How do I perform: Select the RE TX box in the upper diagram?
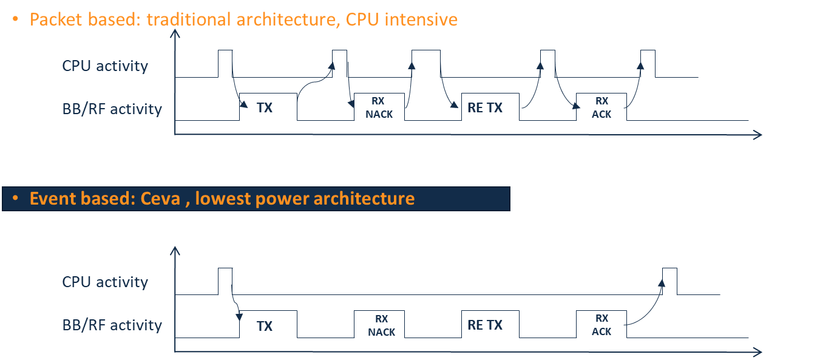(x=490, y=107)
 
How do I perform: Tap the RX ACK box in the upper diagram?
(x=601, y=107)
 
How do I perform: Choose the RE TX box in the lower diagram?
(x=490, y=325)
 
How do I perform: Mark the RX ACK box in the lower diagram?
(x=601, y=325)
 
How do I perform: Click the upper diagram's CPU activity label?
(x=105, y=66)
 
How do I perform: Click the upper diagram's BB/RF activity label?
(x=112, y=109)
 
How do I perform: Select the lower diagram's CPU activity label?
(x=105, y=282)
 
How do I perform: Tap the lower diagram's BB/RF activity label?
(x=112, y=325)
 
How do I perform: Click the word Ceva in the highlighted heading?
(x=160, y=199)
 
